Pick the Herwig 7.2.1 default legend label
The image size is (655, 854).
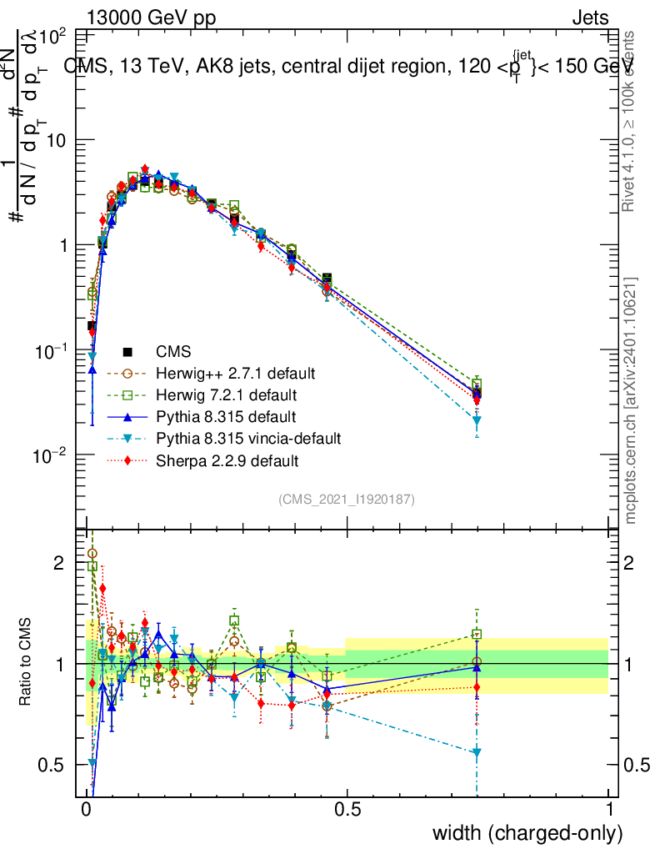[x=227, y=394]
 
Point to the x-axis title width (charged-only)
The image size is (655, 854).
[x=527, y=833]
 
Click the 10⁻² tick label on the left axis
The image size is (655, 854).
[x=47, y=455]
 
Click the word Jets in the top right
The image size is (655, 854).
[x=590, y=18]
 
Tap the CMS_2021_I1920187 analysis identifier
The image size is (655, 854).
[x=347, y=499]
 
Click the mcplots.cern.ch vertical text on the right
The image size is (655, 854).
[x=631, y=400]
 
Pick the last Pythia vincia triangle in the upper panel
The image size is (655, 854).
[x=477, y=421]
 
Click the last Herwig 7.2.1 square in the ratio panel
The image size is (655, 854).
[x=477, y=635]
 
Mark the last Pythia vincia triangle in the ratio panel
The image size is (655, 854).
[x=477, y=752]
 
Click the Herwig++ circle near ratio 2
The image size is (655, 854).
[x=92, y=553]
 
